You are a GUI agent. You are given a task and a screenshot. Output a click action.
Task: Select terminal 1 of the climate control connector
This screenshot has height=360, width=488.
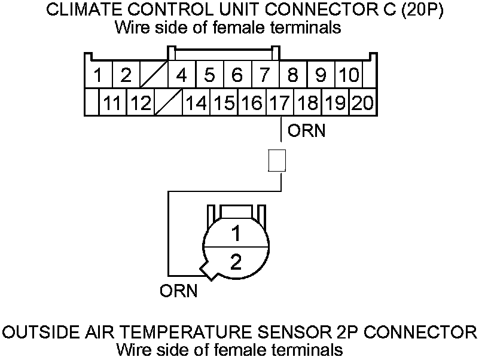click(x=97, y=76)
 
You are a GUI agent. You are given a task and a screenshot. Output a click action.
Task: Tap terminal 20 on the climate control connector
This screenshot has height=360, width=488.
click(x=362, y=103)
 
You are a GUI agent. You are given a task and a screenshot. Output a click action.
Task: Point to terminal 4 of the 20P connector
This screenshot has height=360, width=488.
click(x=182, y=76)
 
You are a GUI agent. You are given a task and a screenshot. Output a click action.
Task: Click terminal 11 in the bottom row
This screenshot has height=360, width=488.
click(x=112, y=103)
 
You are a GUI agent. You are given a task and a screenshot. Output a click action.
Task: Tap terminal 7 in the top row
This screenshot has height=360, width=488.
click(x=264, y=76)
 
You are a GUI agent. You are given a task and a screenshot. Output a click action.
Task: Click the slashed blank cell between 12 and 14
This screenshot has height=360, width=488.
click(x=168, y=103)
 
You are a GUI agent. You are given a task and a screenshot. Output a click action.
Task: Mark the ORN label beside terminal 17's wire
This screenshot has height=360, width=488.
click(x=306, y=130)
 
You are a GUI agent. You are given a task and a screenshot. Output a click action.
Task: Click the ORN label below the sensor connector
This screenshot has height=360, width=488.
click(x=178, y=292)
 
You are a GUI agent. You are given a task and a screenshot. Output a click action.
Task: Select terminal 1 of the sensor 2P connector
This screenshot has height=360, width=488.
click(x=236, y=232)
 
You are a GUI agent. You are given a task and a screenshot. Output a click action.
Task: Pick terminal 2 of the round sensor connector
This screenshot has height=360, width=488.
click(x=236, y=262)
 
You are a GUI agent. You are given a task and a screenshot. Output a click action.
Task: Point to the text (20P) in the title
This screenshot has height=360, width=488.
click(x=421, y=11)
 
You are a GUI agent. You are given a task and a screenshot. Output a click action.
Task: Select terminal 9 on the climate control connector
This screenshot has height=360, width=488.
click(x=321, y=76)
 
